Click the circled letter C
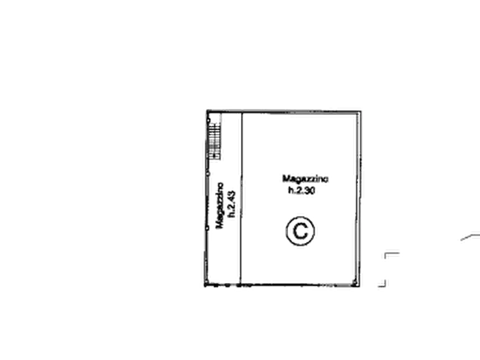point(300,231)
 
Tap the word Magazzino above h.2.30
point(305,178)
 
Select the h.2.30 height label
point(302,190)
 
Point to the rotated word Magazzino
point(220,206)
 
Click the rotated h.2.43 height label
point(232,204)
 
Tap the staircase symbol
point(215,136)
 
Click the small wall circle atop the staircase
point(209,120)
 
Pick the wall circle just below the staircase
point(209,174)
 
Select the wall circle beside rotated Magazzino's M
point(207,228)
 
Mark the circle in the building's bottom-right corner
point(354,282)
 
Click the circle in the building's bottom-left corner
point(206,282)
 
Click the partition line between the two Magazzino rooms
point(241,198)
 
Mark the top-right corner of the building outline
point(361,111)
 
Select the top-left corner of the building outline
point(207,111)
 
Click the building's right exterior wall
point(360,199)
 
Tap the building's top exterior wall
point(284,111)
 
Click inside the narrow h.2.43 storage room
point(225,251)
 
